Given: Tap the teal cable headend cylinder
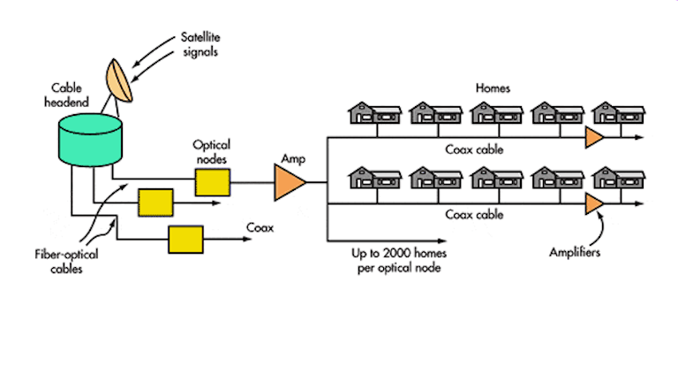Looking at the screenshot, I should click(x=90, y=139).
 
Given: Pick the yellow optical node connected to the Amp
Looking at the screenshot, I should click(x=212, y=181).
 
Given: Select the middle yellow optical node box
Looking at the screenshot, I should click(x=155, y=204).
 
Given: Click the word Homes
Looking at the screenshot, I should click(x=493, y=88).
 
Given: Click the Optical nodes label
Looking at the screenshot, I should click(x=212, y=149).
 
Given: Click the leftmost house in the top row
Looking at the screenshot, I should click(x=374, y=114).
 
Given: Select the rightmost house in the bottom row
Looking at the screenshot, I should click(x=617, y=180).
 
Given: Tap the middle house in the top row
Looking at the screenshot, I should click(x=496, y=114).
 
